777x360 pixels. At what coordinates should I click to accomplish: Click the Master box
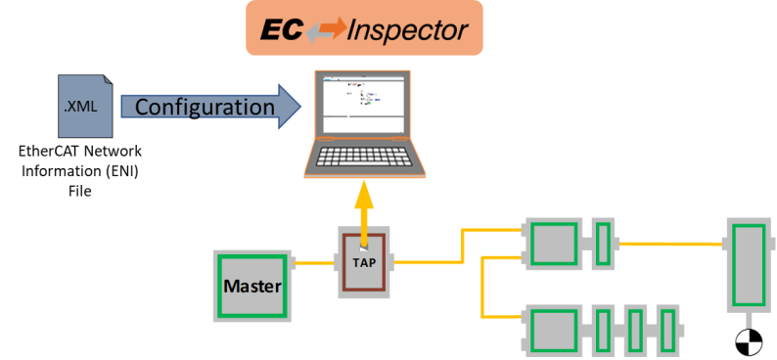(252, 287)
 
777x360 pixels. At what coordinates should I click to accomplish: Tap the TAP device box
(364, 262)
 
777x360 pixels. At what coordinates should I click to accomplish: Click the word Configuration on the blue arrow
(205, 107)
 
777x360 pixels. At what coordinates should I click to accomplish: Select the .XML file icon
(85, 106)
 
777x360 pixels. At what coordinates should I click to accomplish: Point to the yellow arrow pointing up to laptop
(365, 213)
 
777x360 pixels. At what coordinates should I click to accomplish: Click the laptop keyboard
(364, 157)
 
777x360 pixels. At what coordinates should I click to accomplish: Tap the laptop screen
(363, 103)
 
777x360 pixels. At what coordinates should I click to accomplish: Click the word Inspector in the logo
(407, 30)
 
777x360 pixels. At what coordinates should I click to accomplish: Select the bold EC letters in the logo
(282, 30)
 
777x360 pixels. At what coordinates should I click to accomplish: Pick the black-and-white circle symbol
(749, 342)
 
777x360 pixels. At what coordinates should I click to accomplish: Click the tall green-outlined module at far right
(749, 265)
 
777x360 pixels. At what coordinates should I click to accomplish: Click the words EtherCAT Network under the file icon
(80, 151)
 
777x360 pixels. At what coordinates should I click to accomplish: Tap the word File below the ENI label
(80, 191)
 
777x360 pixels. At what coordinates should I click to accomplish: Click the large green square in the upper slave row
(554, 244)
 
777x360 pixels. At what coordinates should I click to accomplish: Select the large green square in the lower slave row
(554, 330)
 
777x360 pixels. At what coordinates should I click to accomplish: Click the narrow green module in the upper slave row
(604, 244)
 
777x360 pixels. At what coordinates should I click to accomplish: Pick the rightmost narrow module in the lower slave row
(668, 331)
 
